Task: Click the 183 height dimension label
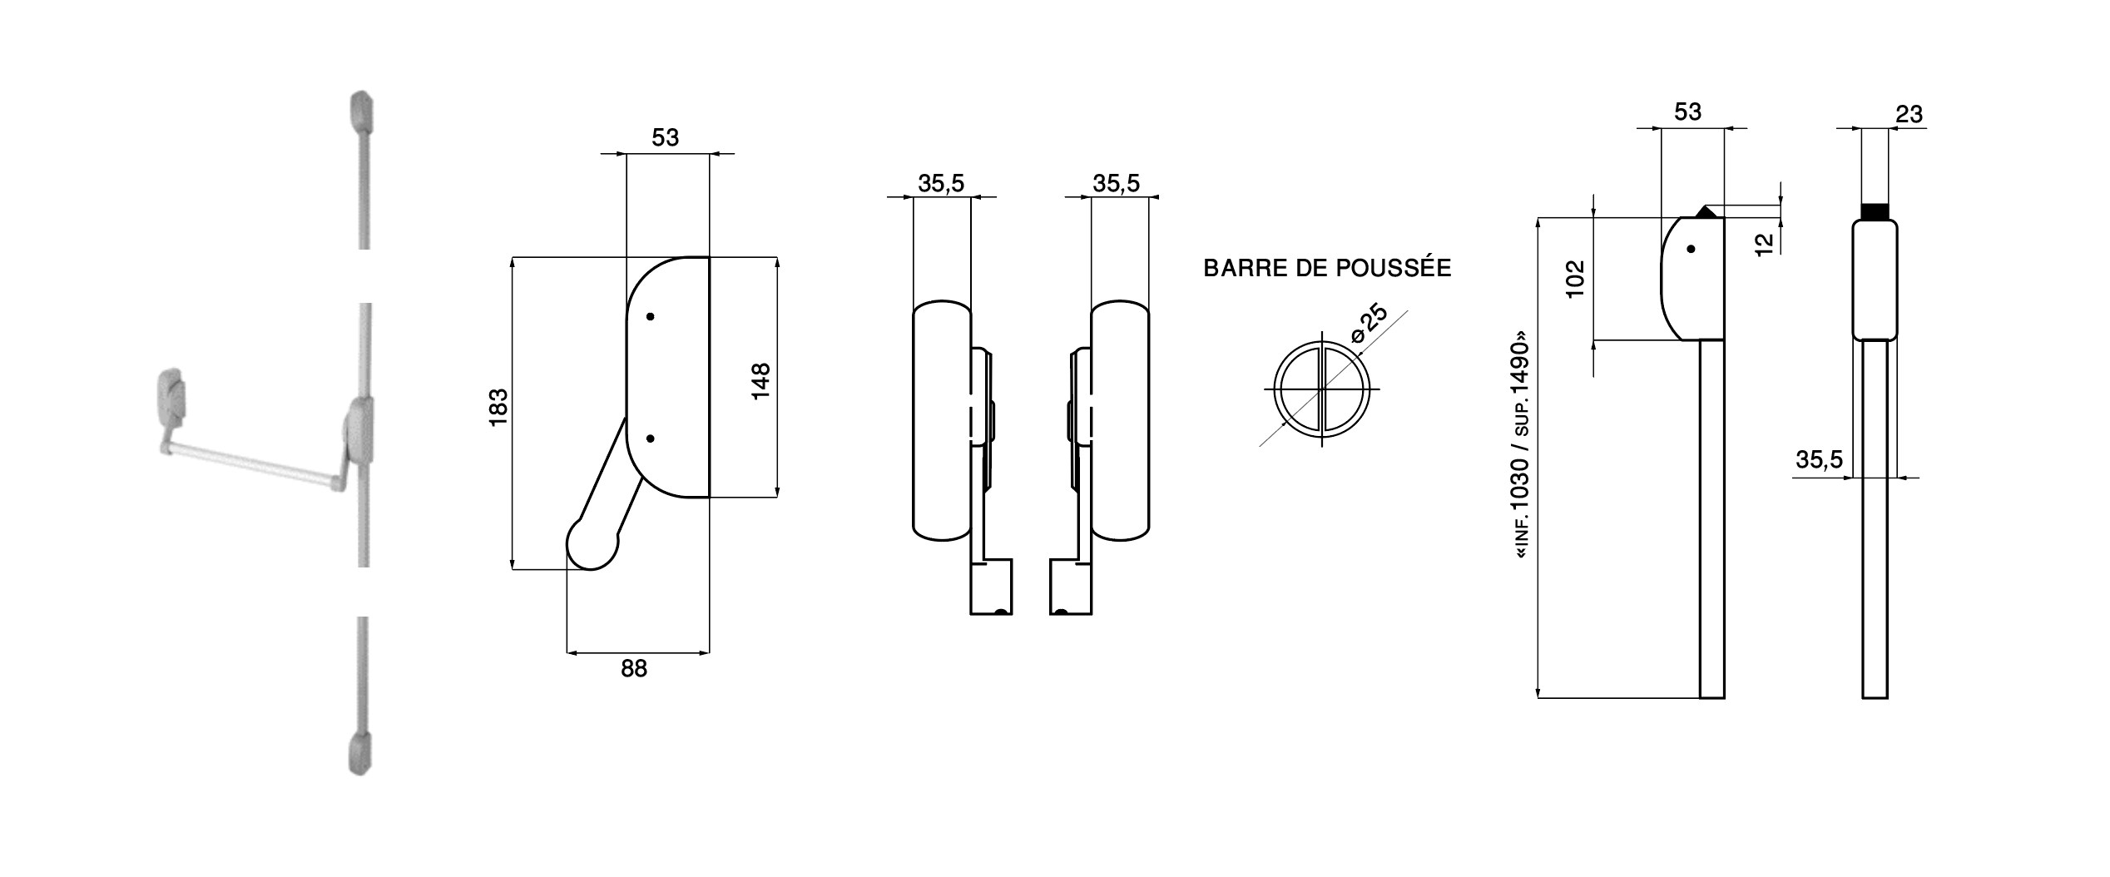(498, 408)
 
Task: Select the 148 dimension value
(760, 381)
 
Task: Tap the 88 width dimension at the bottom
(634, 668)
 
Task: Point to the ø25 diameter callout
(1370, 325)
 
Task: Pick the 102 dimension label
(1575, 279)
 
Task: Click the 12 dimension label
(1764, 244)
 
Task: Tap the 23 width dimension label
(1909, 114)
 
